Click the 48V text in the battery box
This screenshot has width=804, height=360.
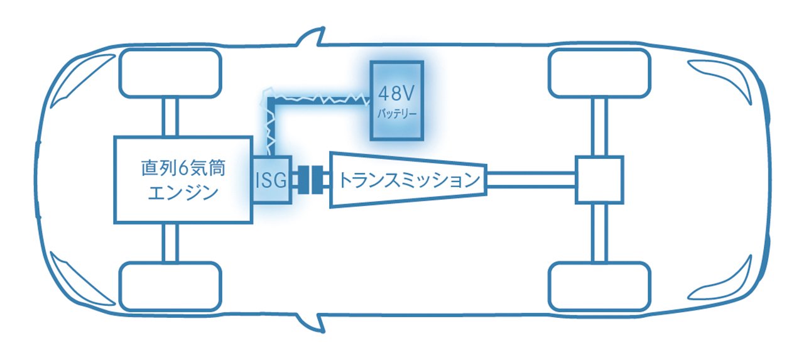point(396,94)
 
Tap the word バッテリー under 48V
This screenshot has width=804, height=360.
point(397,114)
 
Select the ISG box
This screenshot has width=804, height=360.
point(272,180)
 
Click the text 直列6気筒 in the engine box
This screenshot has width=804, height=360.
point(183,168)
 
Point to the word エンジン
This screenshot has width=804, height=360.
point(183,193)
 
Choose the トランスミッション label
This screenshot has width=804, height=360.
point(410,180)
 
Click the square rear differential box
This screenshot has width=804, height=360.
point(599,180)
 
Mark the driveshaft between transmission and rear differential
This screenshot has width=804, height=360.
point(531,180)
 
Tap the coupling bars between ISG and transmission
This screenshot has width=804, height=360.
point(310,180)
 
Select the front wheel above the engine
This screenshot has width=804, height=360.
point(170,74)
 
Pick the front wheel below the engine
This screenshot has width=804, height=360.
point(170,286)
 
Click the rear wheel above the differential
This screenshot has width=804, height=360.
point(599,74)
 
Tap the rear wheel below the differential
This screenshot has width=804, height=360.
point(599,286)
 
